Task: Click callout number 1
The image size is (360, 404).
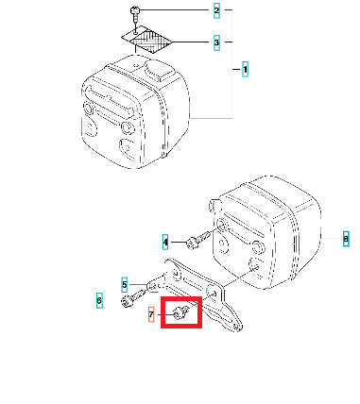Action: point(245,69)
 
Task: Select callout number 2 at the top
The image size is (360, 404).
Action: point(216,10)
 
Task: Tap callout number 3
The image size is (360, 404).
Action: point(216,42)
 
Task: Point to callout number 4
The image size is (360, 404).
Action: point(165,243)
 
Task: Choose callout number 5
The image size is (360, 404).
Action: point(125,285)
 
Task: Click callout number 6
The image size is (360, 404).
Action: point(99,300)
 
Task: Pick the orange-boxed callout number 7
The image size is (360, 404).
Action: point(151,314)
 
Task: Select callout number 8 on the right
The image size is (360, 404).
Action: point(346,239)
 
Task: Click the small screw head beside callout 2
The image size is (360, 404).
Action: point(135,10)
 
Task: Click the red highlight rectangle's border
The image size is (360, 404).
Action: point(181,298)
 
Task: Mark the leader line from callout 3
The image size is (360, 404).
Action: point(190,42)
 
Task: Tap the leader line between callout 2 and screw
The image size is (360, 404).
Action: point(174,10)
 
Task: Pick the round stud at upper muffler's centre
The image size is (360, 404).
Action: point(128,127)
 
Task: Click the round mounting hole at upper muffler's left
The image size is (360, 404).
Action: point(90,108)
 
